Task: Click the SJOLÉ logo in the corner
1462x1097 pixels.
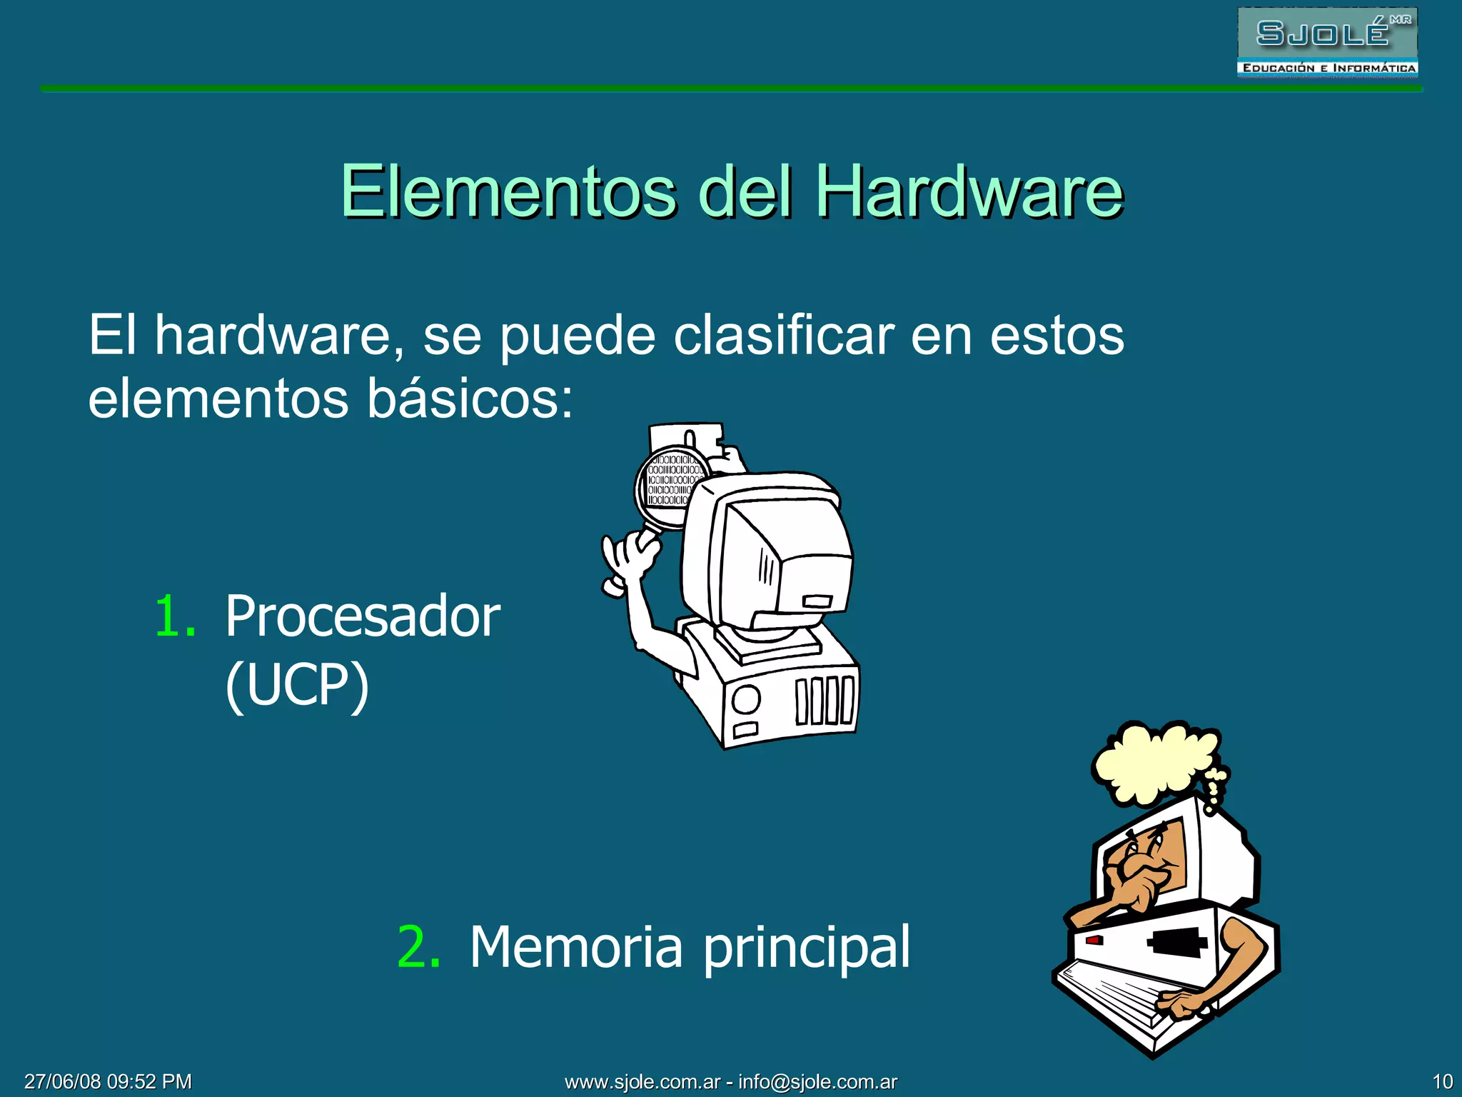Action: pos(1326,41)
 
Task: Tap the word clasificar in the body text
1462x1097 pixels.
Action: pos(783,336)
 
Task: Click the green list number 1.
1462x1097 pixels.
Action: pos(174,616)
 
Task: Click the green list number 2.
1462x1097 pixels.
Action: pos(418,947)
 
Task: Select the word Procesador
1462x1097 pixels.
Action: pos(363,616)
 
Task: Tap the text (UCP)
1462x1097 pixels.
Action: pos(297,684)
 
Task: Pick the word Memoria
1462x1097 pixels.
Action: pos(576,947)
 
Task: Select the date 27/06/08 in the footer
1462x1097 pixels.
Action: pos(63,1082)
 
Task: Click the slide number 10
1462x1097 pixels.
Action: pos(1442,1082)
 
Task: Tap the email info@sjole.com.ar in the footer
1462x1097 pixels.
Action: pos(817,1082)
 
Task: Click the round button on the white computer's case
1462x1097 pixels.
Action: pos(746,698)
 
